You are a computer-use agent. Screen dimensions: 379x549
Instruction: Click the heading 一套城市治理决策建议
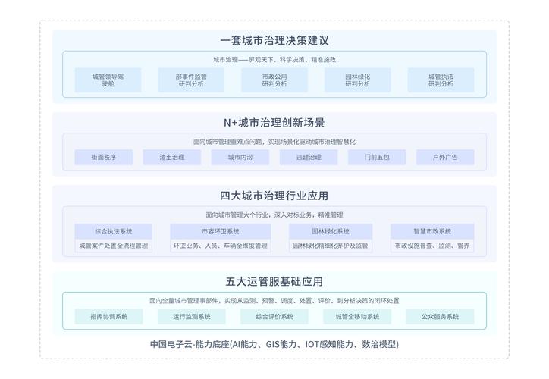(x=274, y=40)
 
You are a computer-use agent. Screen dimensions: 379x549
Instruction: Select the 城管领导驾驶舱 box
(x=108, y=80)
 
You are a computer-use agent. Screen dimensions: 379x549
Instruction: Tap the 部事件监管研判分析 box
(x=191, y=80)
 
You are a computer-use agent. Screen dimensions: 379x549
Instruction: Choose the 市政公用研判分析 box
(x=274, y=80)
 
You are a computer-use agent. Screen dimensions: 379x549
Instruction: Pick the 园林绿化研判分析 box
(x=358, y=80)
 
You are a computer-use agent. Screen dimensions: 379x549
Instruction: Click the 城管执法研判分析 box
(x=441, y=80)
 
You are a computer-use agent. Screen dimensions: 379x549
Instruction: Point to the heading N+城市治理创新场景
(x=274, y=122)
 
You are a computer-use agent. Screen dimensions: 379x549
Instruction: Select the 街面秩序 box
(x=103, y=157)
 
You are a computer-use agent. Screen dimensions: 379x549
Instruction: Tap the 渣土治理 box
(x=172, y=157)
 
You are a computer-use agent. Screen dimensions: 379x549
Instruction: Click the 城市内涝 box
(x=240, y=157)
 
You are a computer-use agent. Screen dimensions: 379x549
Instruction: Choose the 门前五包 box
(x=377, y=157)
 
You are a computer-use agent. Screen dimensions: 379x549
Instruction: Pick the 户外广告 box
(x=445, y=157)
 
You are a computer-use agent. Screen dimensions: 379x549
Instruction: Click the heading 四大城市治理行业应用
(x=274, y=196)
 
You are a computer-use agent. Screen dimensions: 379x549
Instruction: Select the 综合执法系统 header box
(x=114, y=230)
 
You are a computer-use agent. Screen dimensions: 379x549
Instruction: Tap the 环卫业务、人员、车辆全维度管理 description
(x=220, y=246)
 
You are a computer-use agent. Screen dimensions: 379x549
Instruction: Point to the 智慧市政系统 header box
(x=432, y=230)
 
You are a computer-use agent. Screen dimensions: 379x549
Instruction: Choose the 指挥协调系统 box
(x=108, y=316)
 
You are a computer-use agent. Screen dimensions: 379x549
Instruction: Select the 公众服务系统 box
(x=440, y=316)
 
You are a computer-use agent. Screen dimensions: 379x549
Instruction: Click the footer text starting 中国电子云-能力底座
(x=274, y=344)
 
